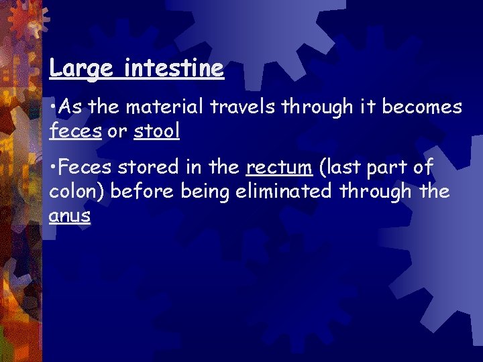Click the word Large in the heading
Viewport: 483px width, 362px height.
coord(74,68)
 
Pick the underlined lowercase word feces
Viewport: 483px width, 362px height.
coord(75,131)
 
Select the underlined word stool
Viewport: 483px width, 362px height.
coord(157,131)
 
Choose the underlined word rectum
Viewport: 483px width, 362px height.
coord(280,167)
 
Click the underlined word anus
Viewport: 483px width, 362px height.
coord(69,217)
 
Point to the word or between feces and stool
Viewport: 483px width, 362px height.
coord(117,132)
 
